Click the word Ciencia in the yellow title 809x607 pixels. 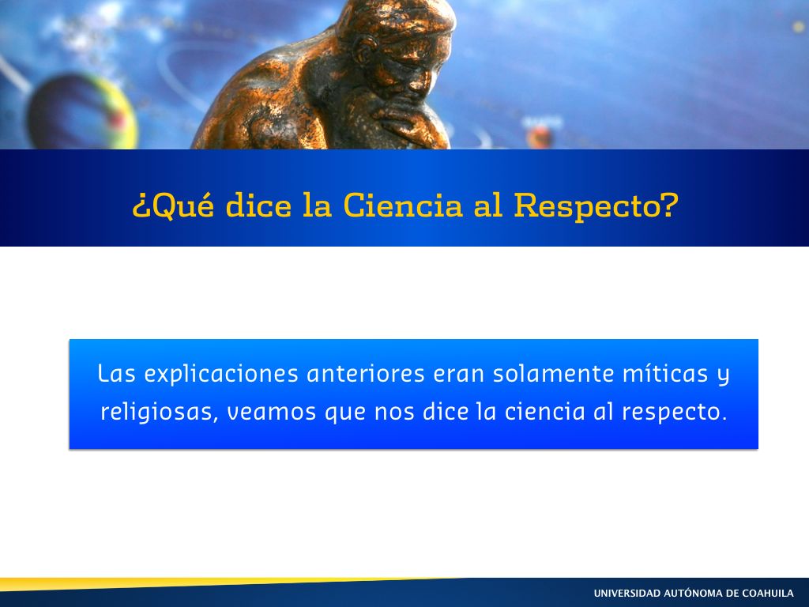[x=403, y=205]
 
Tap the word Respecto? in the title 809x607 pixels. [x=596, y=206]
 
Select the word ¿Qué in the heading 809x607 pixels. [x=173, y=205]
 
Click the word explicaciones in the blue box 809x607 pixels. [x=221, y=374]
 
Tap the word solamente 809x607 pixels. [x=554, y=374]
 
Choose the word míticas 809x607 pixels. [x=665, y=373]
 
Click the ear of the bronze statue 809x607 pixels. [x=367, y=49]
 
